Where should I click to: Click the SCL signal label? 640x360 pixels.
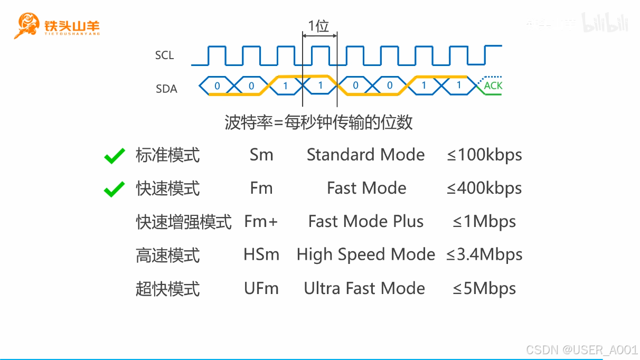(x=164, y=55)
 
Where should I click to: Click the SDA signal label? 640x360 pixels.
(x=166, y=89)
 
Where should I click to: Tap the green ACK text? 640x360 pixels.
(x=493, y=86)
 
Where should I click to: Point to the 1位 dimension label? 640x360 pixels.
(x=319, y=26)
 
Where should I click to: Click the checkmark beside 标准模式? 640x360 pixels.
(x=115, y=156)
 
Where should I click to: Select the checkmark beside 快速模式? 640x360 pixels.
(x=115, y=188)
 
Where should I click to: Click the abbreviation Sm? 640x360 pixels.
(x=261, y=155)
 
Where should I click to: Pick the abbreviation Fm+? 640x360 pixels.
(x=261, y=222)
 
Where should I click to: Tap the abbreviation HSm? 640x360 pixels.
(x=261, y=255)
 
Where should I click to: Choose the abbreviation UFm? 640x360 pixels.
(x=261, y=289)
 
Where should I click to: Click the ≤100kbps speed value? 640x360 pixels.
(x=484, y=155)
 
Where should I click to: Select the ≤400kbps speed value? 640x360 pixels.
(x=484, y=188)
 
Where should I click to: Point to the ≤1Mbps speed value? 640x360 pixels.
(x=484, y=222)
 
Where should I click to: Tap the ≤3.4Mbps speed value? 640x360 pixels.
(x=484, y=255)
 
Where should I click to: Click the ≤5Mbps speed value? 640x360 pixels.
(x=484, y=289)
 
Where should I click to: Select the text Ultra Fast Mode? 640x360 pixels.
(x=364, y=289)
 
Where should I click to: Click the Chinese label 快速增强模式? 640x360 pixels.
(x=184, y=222)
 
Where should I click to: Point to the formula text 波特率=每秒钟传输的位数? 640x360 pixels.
(x=318, y=123)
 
